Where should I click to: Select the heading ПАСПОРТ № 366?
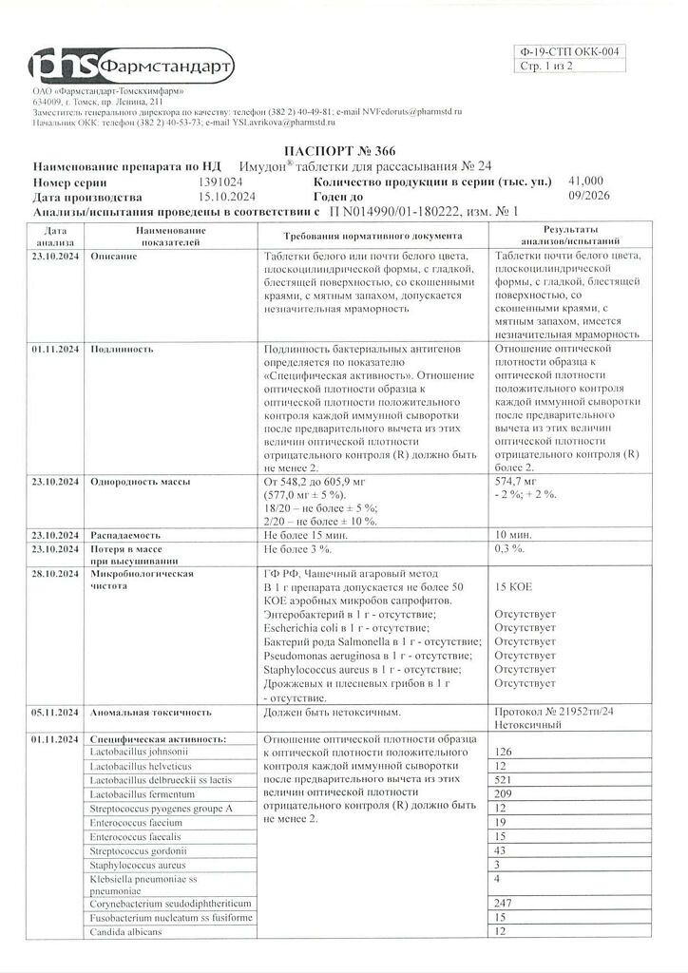tap(339, 151)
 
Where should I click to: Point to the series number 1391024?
tap(220, 181)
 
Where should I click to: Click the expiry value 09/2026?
tap(588, 196)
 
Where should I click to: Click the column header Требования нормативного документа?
tap(373, 235)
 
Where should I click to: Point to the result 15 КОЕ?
tap(514, 588)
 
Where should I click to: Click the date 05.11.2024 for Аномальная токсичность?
tap(56, 711)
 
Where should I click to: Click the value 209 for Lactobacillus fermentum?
tap(504, 793)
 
